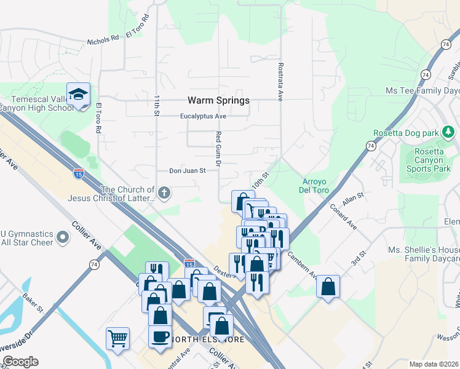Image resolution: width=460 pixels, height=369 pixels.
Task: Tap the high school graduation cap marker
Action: point(79,95)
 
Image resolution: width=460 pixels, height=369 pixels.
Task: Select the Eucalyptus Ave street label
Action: point(204,116)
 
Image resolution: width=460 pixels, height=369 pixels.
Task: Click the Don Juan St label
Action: point(187,171)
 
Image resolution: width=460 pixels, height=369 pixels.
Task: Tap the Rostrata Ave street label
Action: point(280,81)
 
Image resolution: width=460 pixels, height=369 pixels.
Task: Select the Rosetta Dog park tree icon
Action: point(449,132)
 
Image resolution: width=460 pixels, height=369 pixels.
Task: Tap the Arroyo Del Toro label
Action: point(317,185)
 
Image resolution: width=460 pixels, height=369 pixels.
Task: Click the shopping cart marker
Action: point(117,338)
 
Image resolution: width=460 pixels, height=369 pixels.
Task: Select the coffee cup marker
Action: point(161,336)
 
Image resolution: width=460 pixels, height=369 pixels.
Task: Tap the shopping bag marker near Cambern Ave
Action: point(328,286)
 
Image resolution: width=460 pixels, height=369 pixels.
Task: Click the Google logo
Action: point(20,362)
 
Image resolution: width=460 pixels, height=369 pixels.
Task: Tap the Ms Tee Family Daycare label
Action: point(422,90)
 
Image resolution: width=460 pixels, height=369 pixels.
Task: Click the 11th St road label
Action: point(157,106)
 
